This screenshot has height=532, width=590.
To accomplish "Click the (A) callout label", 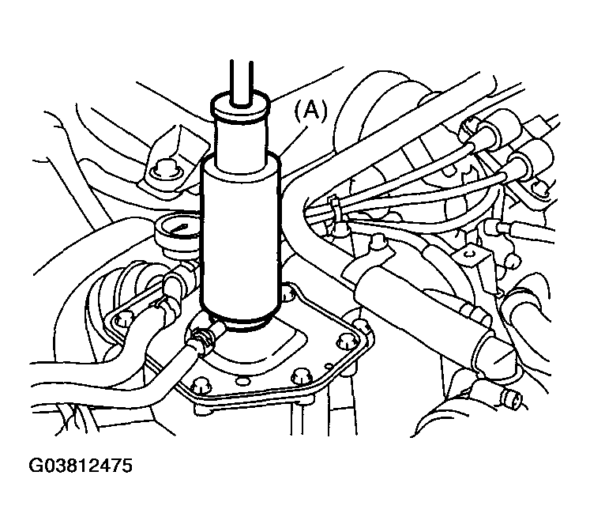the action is click(311, 111).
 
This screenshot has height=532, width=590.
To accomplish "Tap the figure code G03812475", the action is click(81, 466).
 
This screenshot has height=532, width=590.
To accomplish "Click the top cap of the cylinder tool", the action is click(241, 104).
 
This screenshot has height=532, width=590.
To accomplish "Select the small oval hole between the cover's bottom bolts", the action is click(241, 381).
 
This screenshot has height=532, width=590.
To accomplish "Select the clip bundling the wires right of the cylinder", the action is click(335, 206).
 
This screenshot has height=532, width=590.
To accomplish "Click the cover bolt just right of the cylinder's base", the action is click(287, 293).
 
